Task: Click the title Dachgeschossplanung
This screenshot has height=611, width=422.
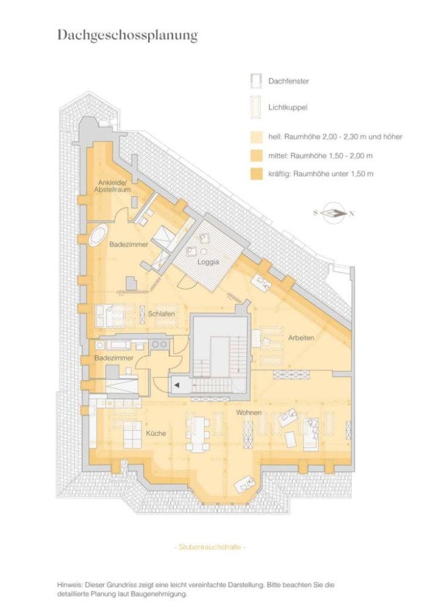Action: tap(127, 35)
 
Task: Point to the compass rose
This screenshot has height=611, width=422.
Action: tap(333, 213)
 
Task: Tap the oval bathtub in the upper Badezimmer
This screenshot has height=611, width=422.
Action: tap(98, 235)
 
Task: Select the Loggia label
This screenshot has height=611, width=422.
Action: tap(208, 263)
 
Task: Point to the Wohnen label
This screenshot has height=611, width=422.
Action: tap(250, 413)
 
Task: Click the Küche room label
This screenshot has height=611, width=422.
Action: tap(156, 433)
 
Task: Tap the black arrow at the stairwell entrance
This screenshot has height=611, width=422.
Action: tap(177, 385)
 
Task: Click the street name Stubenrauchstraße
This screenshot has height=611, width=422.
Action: tap(210, 547)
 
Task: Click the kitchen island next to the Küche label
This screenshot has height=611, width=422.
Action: tap(132, 434)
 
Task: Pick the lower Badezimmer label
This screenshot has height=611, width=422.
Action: tap(114, 357)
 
